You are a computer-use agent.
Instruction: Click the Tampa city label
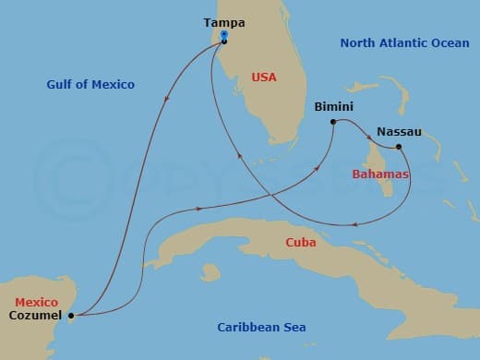click(224, 23)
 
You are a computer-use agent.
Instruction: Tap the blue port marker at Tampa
click(224, 39)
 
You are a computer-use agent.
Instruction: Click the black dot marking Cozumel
click(71, 316)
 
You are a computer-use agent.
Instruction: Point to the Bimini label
click(333, 106)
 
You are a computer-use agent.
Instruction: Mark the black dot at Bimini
click(333, 121)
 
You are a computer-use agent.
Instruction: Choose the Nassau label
click(399, 132)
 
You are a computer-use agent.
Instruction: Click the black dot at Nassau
click(399, 147)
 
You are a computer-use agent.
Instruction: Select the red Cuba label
click(301, 243)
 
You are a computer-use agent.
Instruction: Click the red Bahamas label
click(381, 174)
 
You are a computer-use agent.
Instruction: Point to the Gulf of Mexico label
click(90, 85)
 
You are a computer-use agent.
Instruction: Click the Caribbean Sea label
click(261, 328)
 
